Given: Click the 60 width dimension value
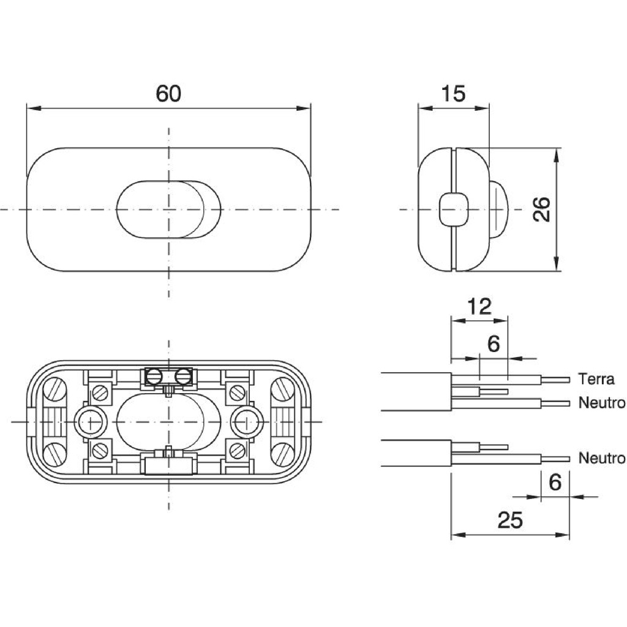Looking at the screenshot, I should [168, 94].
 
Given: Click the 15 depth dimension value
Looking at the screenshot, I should [453, 94].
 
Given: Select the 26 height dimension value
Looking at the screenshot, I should [542, 209].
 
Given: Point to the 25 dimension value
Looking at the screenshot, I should [510, 520].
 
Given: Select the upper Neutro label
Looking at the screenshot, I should [602, 403].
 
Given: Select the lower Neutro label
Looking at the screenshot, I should [602, 458].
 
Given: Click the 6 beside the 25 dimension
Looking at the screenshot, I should [555, 482].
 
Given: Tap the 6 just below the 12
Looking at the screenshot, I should [494, 344].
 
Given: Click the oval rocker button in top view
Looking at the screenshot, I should [167, 209].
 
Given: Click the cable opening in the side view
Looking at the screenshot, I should [454, 209].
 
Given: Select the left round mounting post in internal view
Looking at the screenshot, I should [89, 421].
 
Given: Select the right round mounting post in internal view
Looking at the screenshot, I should [247, 421].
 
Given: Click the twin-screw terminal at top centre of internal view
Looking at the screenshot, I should [167, 377].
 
